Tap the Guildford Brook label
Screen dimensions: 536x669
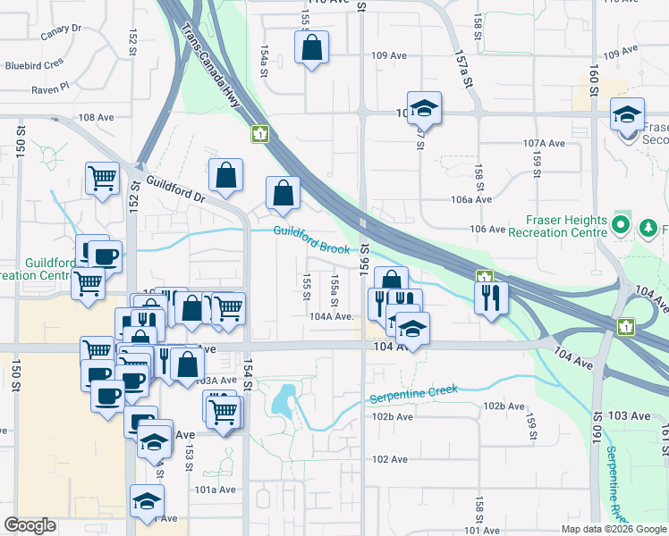pyautogui.click(x=311, y=240)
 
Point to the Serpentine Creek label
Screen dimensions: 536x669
pyautogui.click(x=414, y=394)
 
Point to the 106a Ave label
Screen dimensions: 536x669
pyautogui.click(x=472, y=199)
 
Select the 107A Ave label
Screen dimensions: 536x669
pyautogui.click(x=545, y=143)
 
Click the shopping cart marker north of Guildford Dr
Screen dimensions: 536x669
pyautogui.click(x=103, y=178)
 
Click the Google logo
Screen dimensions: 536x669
pyautogui.click(x=30, y=525)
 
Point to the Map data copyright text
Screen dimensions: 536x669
pyautogui.click(x=613, y=529)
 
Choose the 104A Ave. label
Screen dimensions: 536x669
pyautogui.click(x=334, y=316)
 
